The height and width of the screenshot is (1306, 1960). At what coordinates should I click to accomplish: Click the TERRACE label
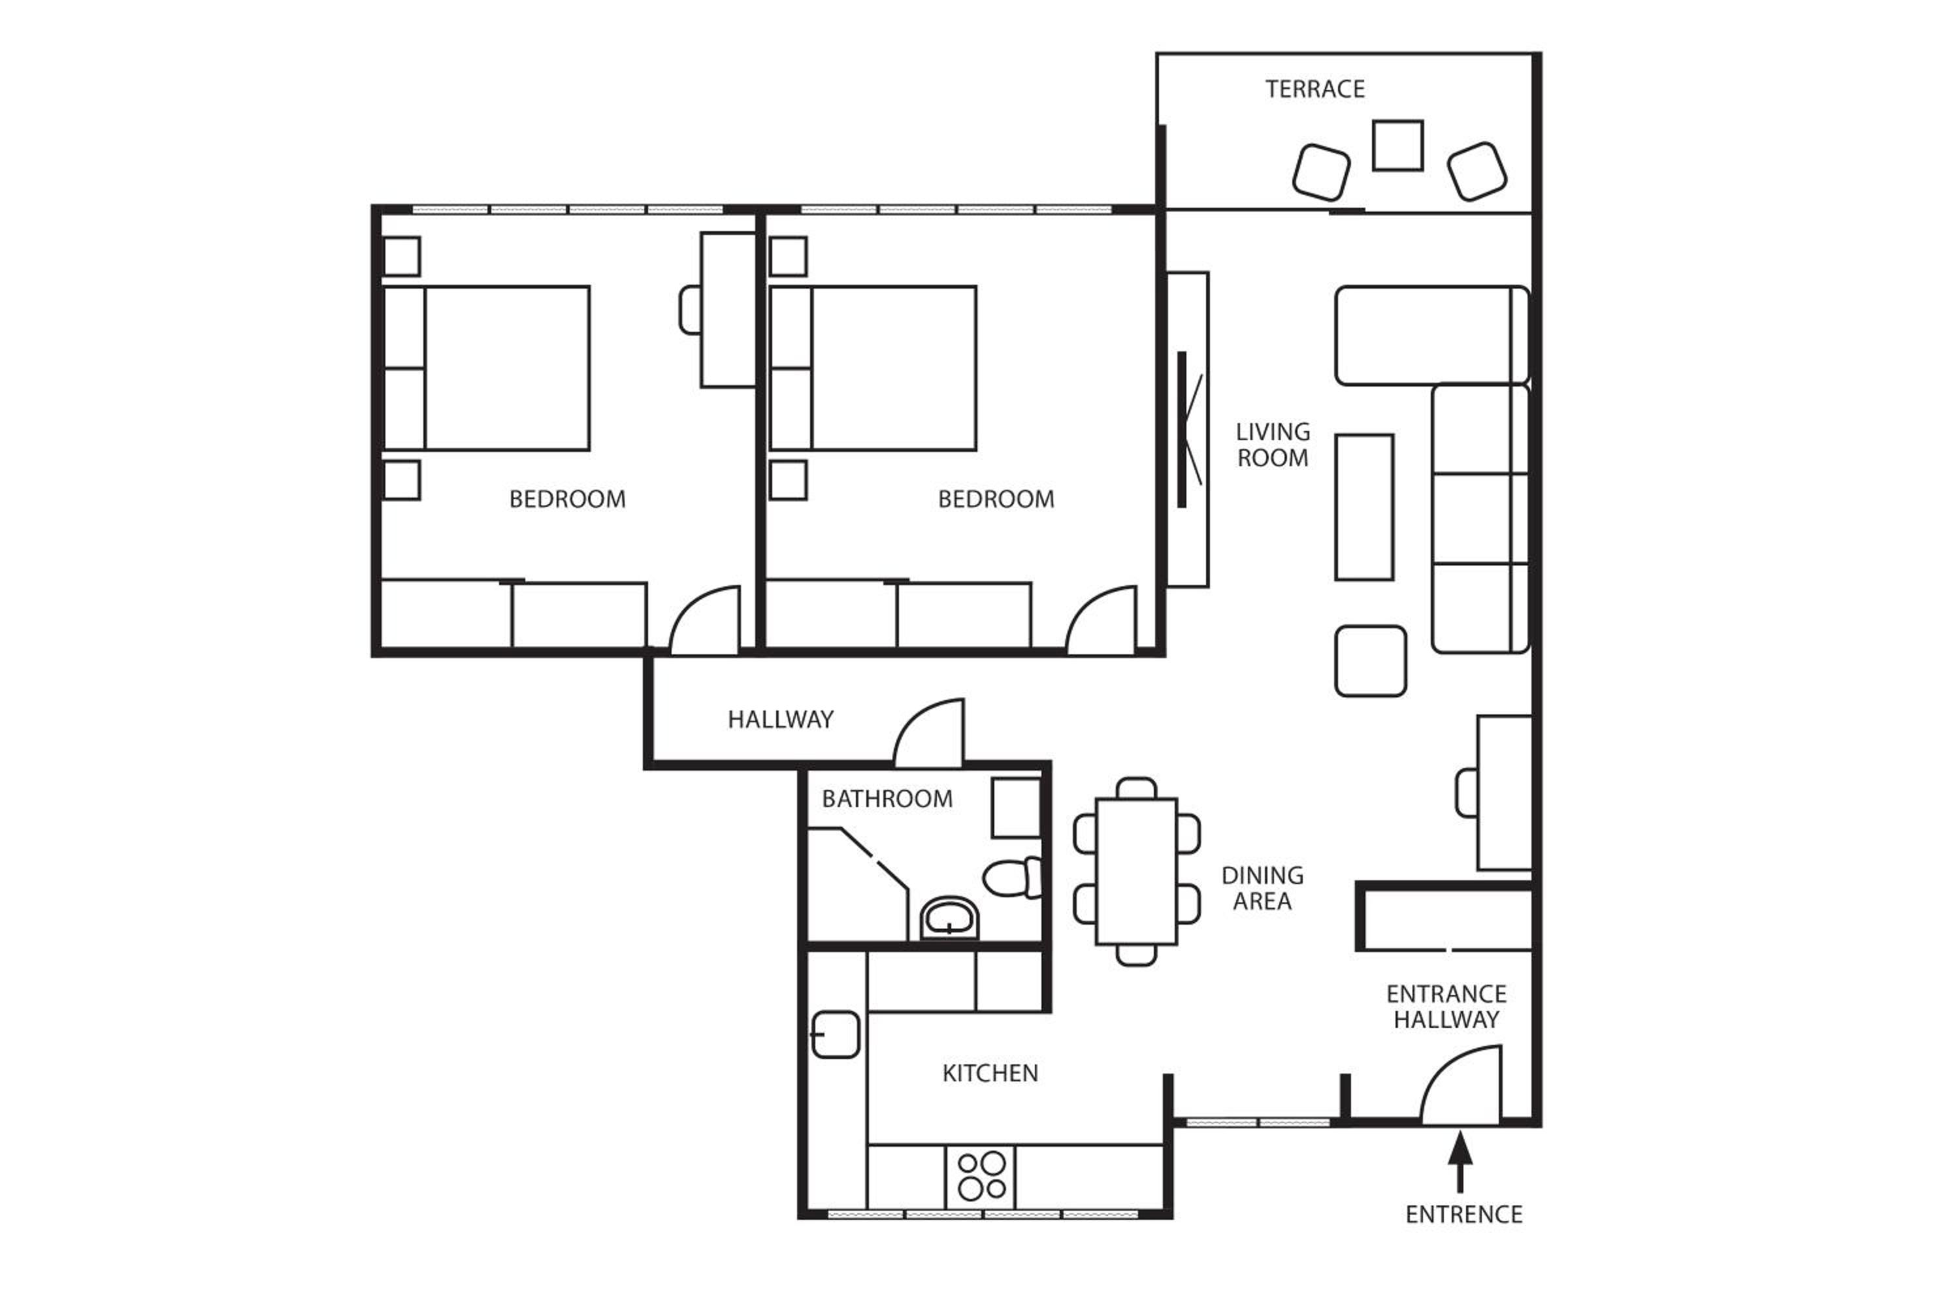point(1315,89)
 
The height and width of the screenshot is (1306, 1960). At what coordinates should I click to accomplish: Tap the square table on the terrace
point(1397,146)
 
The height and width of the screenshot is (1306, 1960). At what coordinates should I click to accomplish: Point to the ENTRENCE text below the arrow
point(1463,1215)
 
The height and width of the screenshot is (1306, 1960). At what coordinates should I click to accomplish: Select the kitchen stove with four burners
point(980,1176)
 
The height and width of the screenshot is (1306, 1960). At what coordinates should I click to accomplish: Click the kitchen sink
point(835,1034)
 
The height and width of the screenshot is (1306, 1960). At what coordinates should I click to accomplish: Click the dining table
point(1136,871)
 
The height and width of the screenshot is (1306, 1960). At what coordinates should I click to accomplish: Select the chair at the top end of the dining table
point(1136,788)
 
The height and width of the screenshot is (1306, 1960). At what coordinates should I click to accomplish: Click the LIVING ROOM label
point(1273,445)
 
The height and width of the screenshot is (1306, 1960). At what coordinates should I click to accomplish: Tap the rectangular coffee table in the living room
point(1364,507)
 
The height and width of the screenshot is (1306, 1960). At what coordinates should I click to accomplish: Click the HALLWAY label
point(780,720)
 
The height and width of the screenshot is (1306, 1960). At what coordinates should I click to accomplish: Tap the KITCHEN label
point(990,1074)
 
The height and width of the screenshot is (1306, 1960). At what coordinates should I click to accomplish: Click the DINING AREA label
point(1262,888)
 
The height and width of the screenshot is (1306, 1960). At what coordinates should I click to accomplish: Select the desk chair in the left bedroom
point(690,310)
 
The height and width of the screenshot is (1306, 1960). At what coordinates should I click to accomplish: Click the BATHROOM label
point(887,799)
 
